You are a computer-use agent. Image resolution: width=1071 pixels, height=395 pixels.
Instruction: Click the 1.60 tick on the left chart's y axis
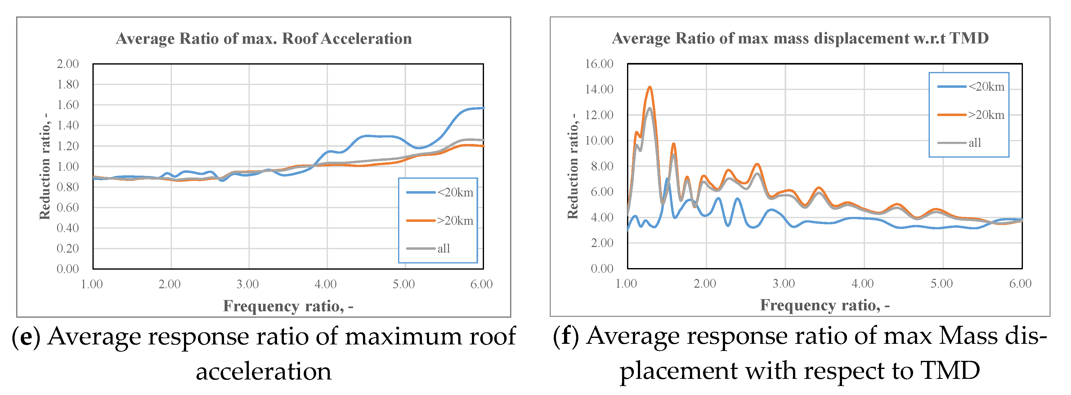(x=67, y=105)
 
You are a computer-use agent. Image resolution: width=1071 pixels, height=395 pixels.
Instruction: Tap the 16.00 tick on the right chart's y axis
(x=599, y=64)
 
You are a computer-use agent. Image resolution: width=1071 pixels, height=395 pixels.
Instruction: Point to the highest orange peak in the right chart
(x=649, y=87)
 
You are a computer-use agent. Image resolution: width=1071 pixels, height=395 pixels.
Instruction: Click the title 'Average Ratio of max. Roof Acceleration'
(x=264, y=39)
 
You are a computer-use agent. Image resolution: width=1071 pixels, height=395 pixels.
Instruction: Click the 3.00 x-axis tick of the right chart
(x=784, y=284)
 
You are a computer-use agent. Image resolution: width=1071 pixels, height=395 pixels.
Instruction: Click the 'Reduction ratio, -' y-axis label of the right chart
(x=573, y=166)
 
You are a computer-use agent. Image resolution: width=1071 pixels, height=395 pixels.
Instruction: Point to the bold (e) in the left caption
(x=26, y=337)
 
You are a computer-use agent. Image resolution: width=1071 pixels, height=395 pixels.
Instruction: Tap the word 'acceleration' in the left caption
(x=264, y=371)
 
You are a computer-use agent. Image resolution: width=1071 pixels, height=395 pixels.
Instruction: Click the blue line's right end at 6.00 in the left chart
(x=483, y=108)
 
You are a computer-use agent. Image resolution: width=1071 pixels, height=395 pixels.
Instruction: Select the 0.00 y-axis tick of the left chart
(x=67, y=269)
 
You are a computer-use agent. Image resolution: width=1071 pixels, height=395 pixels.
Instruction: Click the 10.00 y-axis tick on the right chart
(x=599, y=141)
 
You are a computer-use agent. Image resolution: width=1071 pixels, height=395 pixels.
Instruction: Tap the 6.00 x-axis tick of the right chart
(x=1020, y=284)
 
